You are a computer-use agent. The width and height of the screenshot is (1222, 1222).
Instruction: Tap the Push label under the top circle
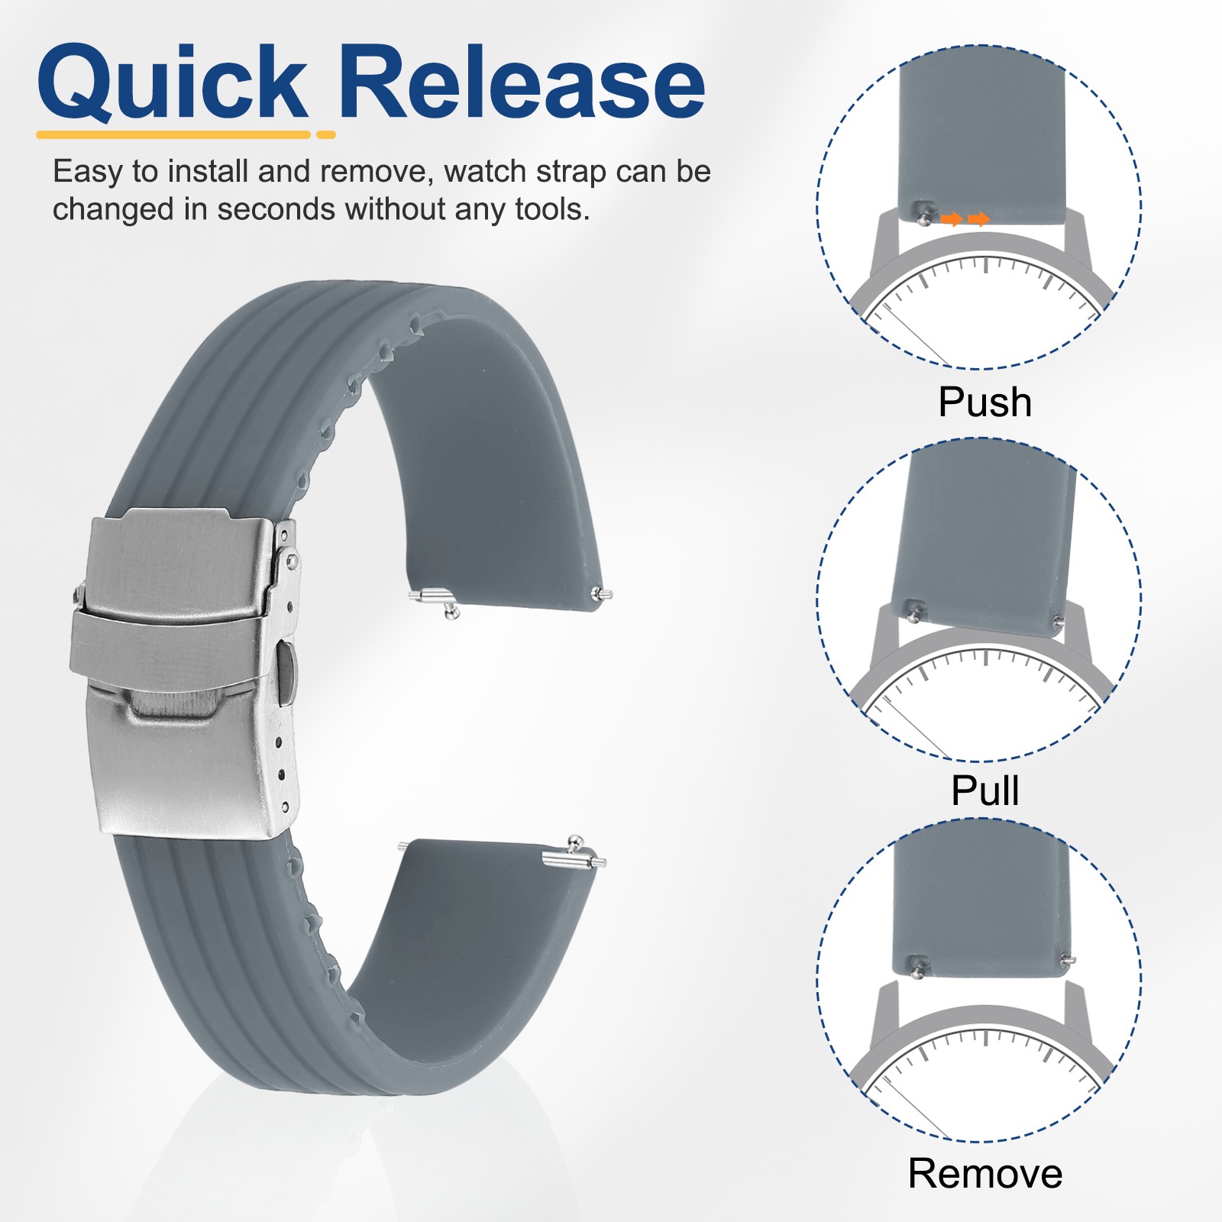(984, 402)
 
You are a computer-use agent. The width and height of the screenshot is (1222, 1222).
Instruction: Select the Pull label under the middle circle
(984, 790)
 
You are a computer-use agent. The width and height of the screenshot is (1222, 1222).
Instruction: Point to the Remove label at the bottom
(984, 1173)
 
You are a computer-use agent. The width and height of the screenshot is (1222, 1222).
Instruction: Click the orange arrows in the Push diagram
(965, 220)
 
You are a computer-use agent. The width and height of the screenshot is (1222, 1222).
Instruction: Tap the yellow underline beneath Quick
(174, 135)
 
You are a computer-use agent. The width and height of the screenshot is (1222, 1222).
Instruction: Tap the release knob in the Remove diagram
(919, 966)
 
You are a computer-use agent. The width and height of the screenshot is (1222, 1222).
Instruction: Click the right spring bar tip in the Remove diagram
(1069, 959)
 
